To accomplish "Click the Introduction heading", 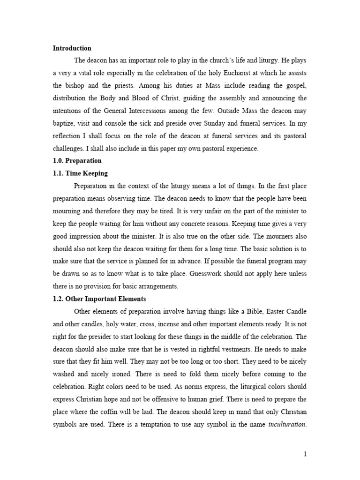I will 72,48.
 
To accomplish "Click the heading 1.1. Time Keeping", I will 80,173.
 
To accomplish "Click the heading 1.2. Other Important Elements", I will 99,299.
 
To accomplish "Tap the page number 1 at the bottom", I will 305,454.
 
